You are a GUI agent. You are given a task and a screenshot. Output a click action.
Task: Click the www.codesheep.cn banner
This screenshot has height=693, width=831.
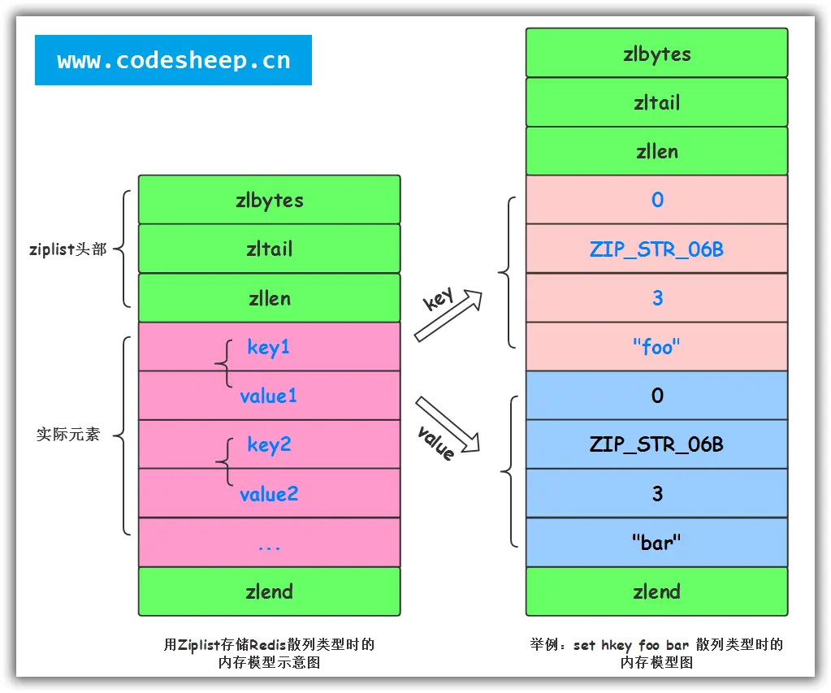click(x=173, y=60)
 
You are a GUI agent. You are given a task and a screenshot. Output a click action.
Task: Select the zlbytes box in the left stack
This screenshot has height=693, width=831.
click(x=269, y=200)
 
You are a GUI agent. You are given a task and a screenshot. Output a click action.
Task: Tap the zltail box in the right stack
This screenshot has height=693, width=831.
click(x=656, y=102)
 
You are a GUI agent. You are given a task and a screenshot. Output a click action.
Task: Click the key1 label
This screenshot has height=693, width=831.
click(x=269, y=348)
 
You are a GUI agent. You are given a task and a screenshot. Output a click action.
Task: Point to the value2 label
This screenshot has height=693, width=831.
click(x=269, y=494)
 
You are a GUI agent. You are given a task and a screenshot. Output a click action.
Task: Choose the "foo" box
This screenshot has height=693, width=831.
click(x=656, y=347)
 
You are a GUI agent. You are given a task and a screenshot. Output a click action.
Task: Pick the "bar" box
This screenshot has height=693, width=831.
click(x=656, y=542)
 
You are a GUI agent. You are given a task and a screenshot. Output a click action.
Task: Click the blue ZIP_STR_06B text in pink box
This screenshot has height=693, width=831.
click(x=656, y=249)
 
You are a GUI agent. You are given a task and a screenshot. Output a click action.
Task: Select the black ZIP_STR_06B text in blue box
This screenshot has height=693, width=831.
click(x=656, y=444)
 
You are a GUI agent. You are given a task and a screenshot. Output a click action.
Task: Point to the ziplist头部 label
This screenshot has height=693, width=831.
click(x=68, y=249)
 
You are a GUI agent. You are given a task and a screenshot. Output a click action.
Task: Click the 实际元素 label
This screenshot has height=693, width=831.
click(x=68, y=435)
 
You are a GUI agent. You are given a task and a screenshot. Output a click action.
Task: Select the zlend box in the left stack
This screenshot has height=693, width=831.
click(x=269, y=591)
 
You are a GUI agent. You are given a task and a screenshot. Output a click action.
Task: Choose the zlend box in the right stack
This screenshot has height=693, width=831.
click(x=656, y=591)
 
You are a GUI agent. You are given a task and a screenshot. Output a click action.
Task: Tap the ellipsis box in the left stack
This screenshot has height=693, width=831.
click(x=269, y=543)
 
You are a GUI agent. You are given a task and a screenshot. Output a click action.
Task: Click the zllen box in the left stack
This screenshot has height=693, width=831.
click(x=269, y=298)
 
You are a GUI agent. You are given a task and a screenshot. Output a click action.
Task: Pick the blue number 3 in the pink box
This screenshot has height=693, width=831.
click(x=657, y=298)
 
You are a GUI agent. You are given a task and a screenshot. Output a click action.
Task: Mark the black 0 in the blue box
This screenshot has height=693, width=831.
click(x=657, y=396)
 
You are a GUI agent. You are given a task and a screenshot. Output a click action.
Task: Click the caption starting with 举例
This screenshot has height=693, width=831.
click(x=656, y=653)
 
